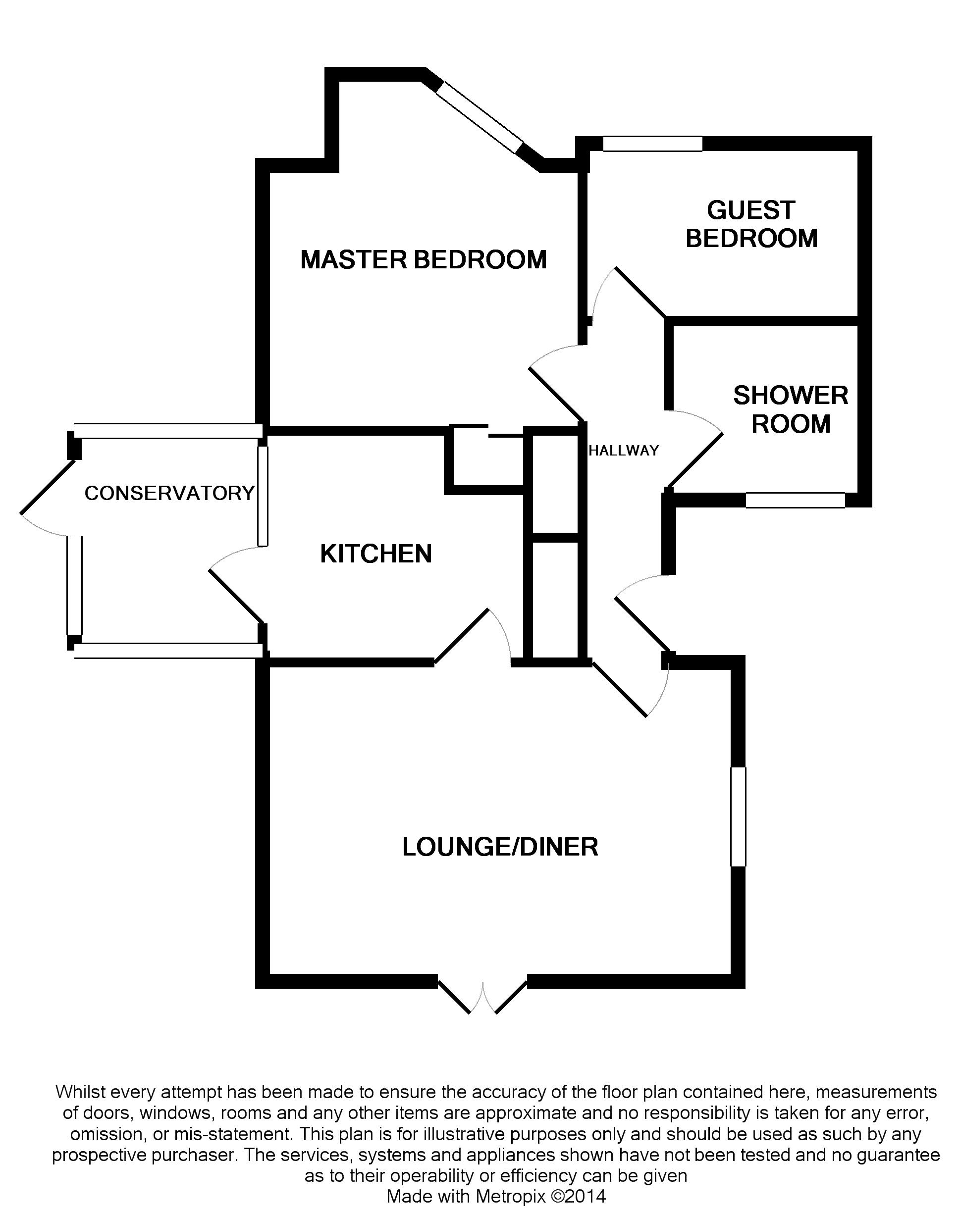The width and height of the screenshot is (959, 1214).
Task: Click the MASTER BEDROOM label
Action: [x=424, y=260]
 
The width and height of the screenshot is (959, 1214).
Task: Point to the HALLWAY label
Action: [x=623, y=450]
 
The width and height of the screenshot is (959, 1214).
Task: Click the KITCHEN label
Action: [x=375, y=554]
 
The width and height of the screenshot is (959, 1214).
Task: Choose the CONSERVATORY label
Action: [x=169, y=493]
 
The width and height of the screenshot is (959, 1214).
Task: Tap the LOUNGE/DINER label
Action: [x=500, y=847]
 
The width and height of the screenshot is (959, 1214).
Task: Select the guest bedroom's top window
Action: [x=652, y=144]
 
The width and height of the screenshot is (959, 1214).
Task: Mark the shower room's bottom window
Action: [x=795, y=500]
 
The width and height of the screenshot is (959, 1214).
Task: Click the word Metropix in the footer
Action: [x=510, y=1197]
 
